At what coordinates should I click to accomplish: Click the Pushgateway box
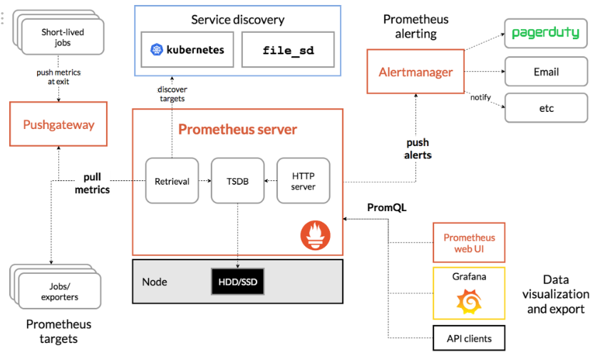tap(58, 125)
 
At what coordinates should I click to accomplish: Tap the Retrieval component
tap(172, 181)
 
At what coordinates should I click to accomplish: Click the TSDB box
tap(237, 181)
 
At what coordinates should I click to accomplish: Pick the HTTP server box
tap(304, 181)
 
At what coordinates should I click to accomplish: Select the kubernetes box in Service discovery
tap(187, 50)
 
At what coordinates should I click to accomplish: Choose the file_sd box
tap(287, 50)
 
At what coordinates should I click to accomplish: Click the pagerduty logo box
tap(546, 33)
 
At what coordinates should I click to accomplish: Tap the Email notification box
tap(546, 72)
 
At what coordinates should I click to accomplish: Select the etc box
tap(546, 108)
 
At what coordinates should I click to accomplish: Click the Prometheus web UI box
tap(469, 242)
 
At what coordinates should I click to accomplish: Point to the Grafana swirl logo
tap(469, 302)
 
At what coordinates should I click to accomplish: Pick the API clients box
tap(469, 338)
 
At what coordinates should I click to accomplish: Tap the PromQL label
tap(386, 207)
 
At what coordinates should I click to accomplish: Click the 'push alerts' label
tap(417, 148)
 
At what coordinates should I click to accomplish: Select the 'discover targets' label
tap(171, 93)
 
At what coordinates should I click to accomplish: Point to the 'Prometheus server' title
tap(237, 130)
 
